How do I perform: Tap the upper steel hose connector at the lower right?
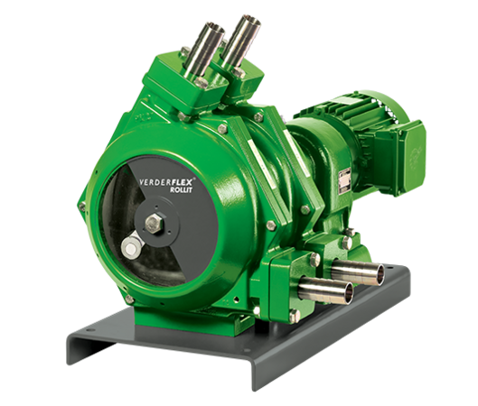click(348, 270)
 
